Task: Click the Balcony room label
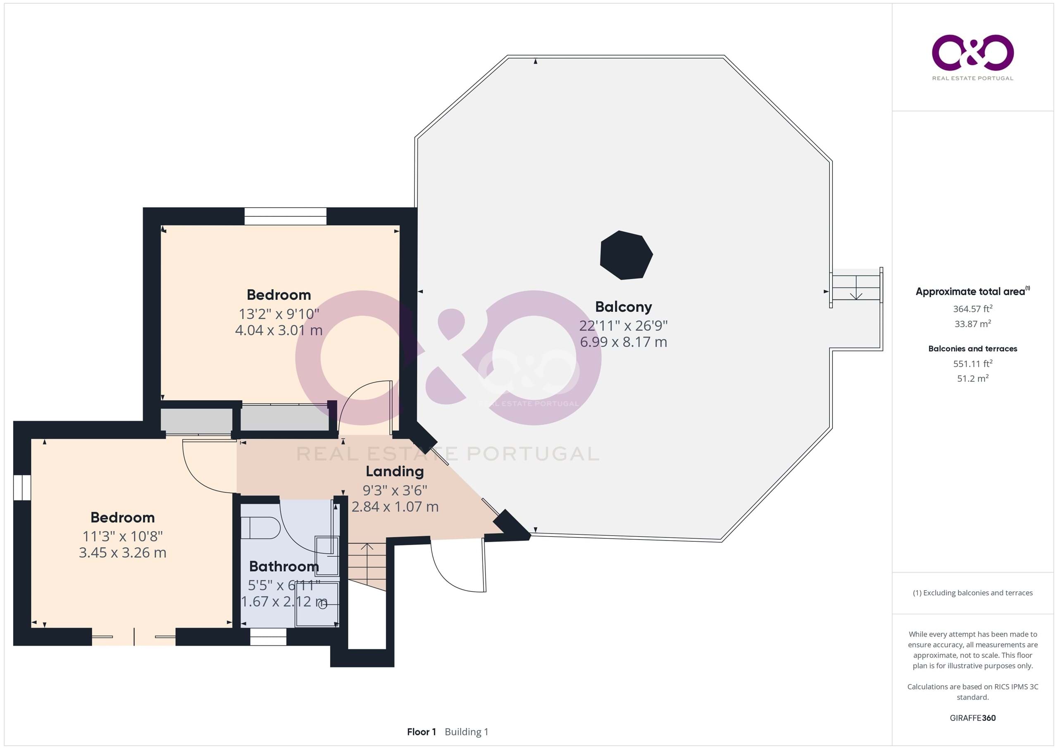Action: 624,307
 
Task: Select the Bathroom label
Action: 284,566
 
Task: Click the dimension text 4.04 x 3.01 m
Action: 279,330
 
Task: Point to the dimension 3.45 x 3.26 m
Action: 123,553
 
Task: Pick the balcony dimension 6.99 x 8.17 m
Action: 624,342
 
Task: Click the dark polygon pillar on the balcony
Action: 626,255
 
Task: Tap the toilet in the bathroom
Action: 261,528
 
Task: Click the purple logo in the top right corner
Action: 973,53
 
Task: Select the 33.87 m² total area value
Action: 973,324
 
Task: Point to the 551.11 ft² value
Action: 973,364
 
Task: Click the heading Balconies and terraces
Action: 973,349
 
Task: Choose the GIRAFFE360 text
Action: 973,718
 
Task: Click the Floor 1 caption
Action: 421,732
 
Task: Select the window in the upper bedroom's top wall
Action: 285,216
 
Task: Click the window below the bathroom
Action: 268,637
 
